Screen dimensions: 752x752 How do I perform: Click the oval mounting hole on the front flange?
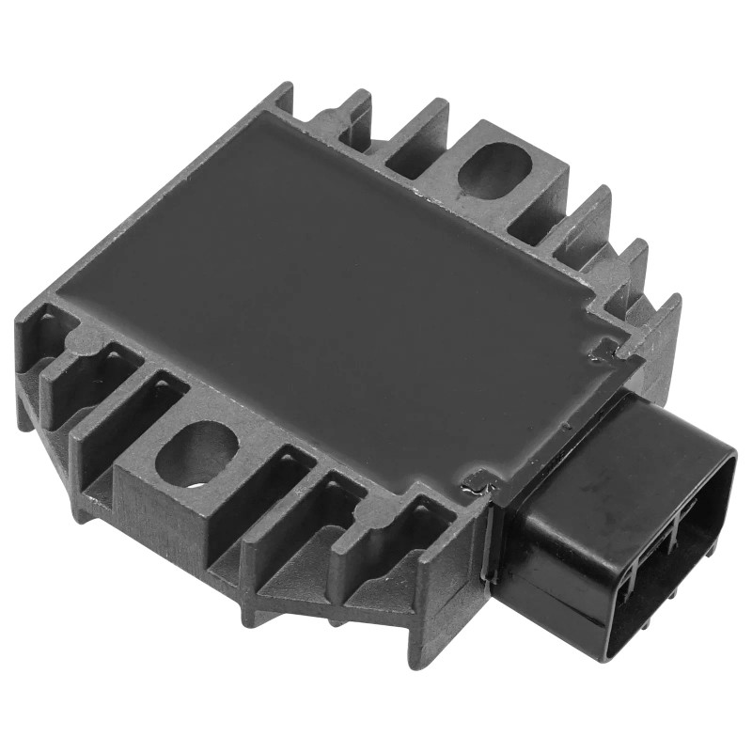point(196,451)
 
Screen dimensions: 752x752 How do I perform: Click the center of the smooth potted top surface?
point(338,282)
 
